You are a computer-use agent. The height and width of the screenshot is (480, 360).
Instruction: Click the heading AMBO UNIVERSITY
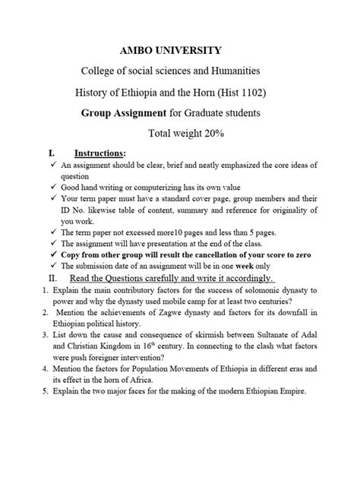tap(179, 50)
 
